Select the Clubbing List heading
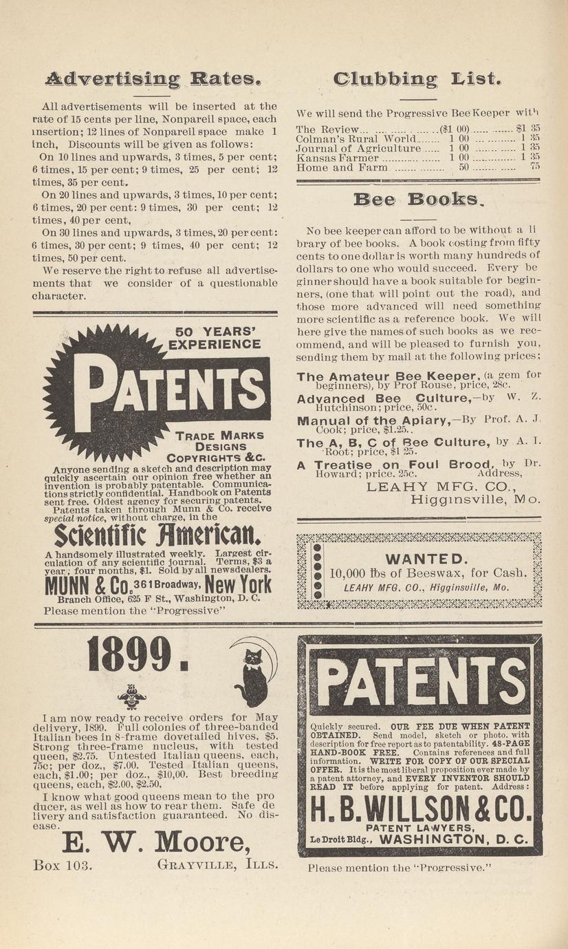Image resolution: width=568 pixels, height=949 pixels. pos(417,79)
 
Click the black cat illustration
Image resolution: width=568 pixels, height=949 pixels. pos(252,677)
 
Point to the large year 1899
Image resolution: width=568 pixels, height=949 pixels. pos(138,654)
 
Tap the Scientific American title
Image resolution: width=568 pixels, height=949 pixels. pos(157,535)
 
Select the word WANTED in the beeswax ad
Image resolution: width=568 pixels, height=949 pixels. pos(427,559)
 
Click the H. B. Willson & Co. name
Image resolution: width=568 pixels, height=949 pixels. pos(421,809)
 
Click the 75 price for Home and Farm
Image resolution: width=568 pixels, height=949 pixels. pos(534,167)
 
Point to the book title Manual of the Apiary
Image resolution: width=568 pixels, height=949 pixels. pos(372,421)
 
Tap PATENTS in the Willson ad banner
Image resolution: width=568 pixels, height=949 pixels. pos(419,677)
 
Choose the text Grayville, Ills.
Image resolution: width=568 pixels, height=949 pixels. pos(218,864)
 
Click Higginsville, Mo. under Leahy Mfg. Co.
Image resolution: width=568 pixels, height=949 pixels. pos(475,500)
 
